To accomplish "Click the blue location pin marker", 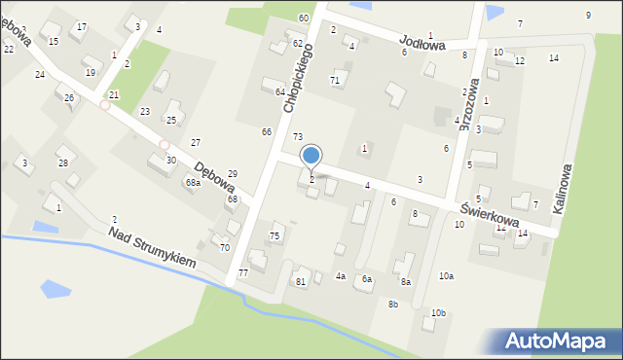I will coord(311,156).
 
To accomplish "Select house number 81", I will coord(301,282).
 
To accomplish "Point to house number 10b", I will coord(438,313).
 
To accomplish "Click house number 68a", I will coord(193,182).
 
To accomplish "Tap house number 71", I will coord(335,80).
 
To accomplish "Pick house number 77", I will coord(243,272).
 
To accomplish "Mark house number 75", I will coord(275,236).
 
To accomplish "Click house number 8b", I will coord(393,305).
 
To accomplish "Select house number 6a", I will coord(367,279).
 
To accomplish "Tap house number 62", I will coord(298,44).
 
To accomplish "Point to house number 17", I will coord(82,26).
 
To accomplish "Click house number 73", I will coord(298,137).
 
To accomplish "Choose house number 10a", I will coord(445,276).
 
